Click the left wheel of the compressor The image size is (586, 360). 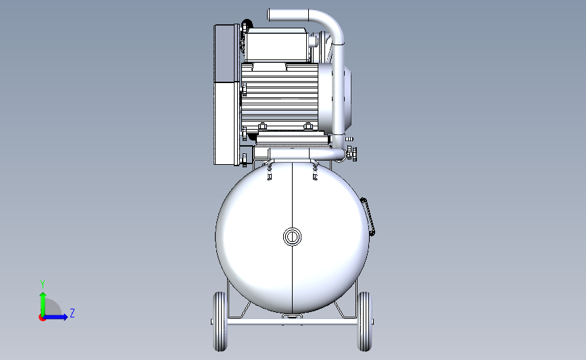220,322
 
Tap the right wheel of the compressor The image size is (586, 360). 364,322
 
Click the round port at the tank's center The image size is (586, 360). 292,236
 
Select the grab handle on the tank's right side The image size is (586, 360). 368,217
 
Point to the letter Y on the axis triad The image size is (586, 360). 43,284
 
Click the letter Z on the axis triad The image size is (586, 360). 72,313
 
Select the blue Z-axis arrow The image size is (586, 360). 55,317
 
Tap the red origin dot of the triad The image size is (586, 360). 42,318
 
